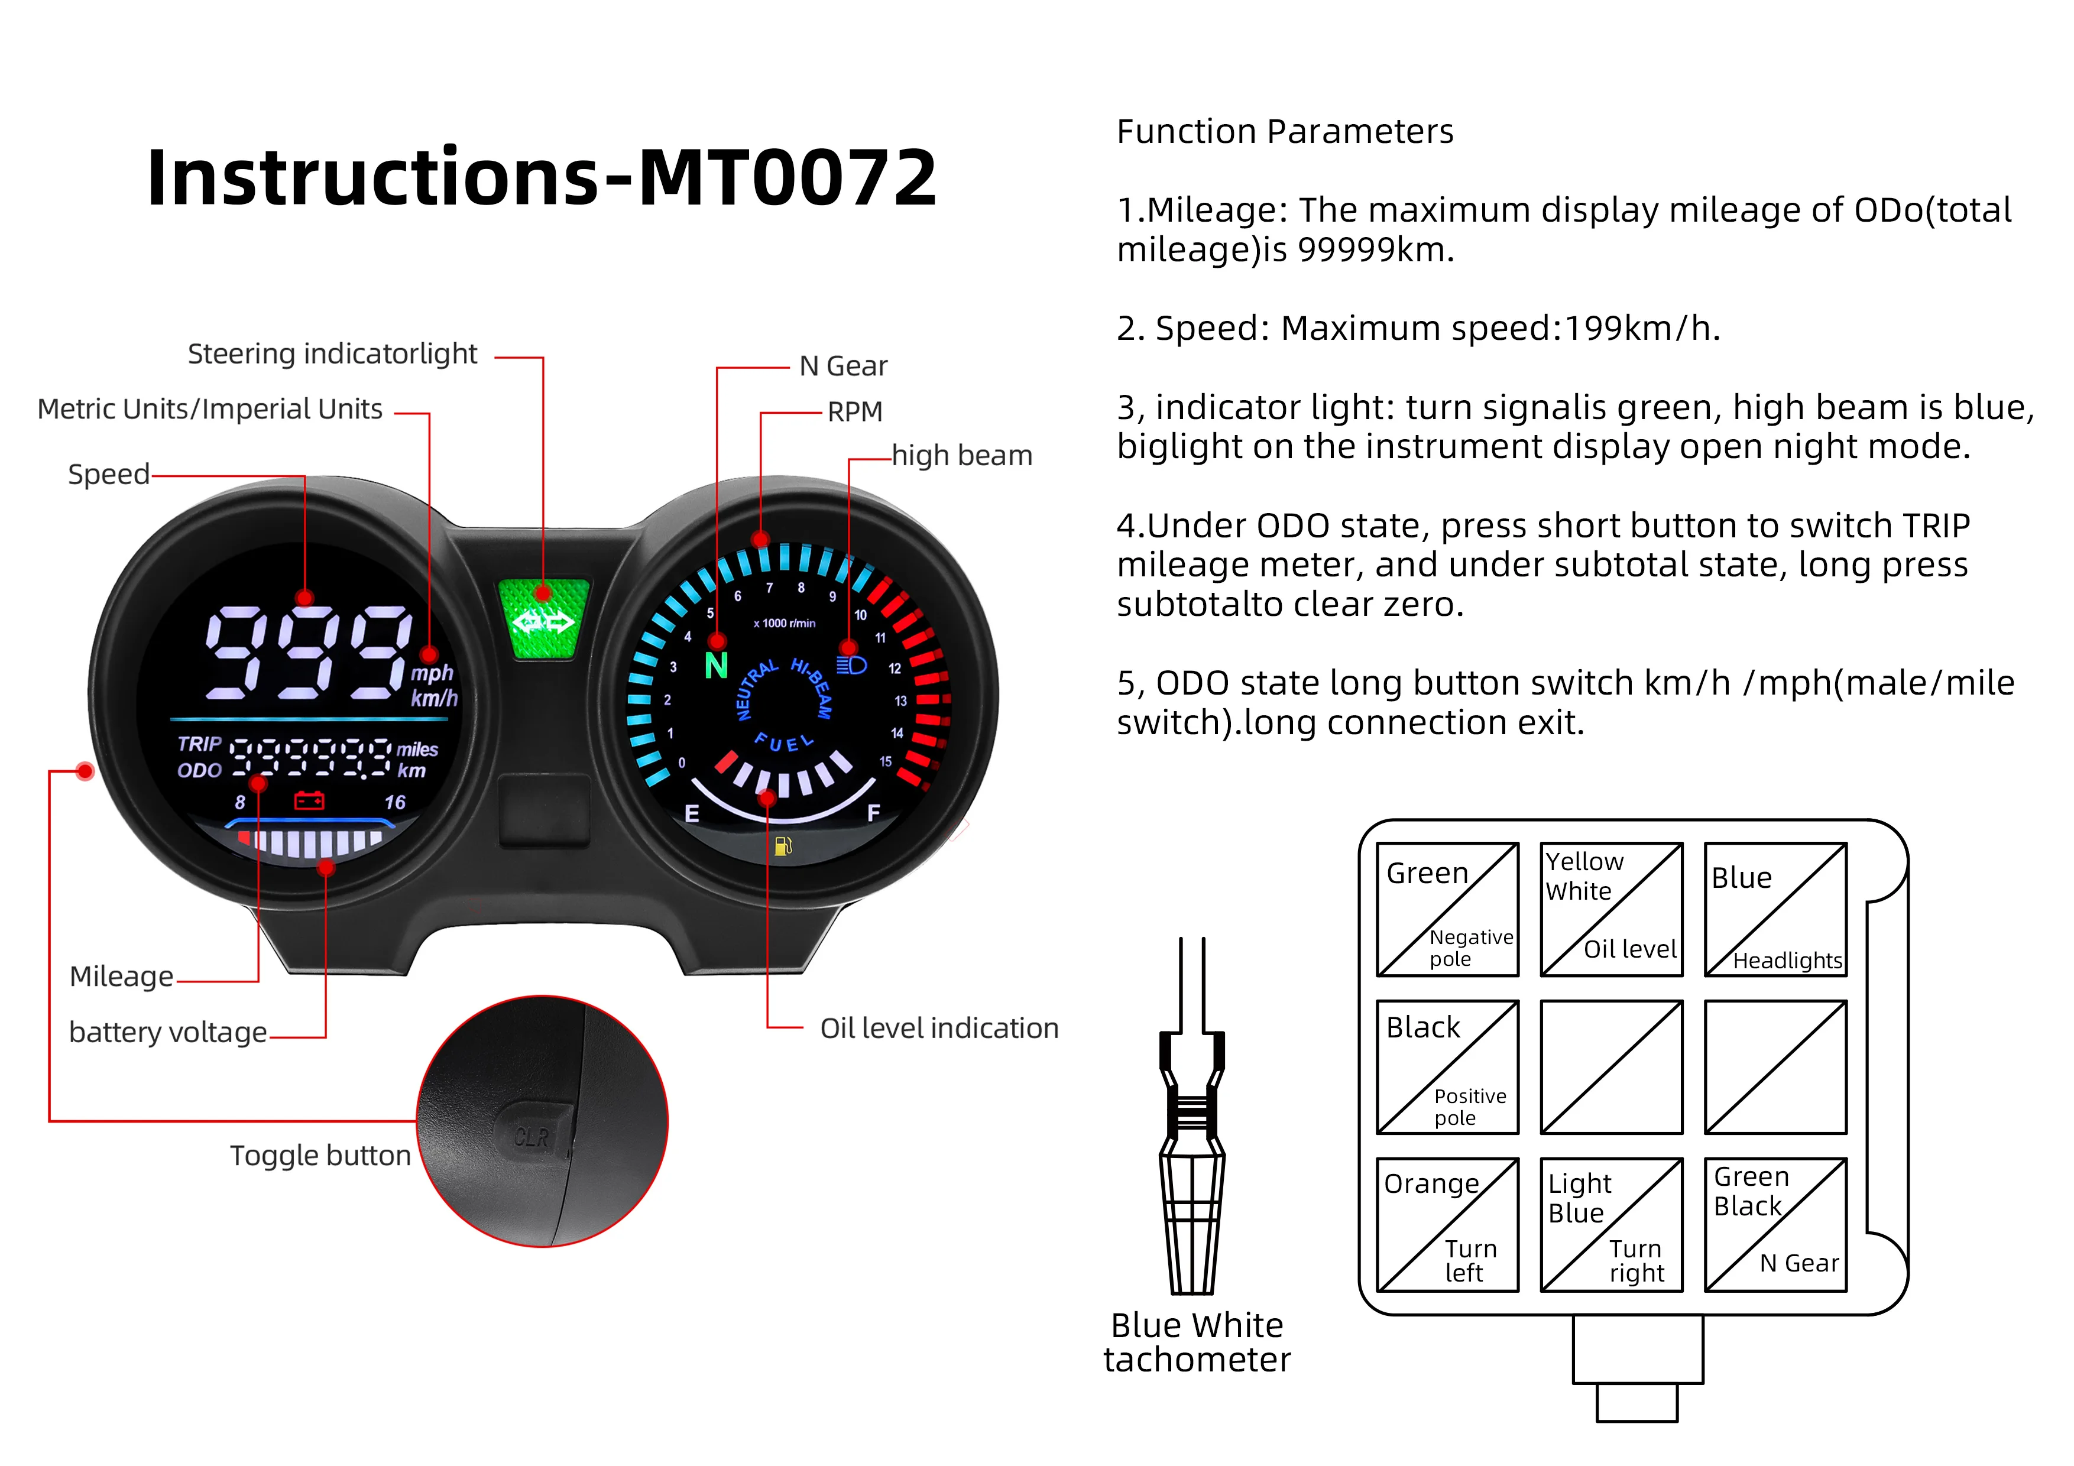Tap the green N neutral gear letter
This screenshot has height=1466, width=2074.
[717, 667]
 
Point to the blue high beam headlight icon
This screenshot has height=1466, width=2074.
[851, 666]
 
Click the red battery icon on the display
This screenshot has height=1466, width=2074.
[309, 800]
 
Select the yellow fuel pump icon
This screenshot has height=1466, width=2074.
[783, 846]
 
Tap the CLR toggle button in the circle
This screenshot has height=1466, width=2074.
[533, 1134]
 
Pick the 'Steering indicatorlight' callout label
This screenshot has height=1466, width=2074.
[332, 354]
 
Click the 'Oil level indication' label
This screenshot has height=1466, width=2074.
[938, 1028]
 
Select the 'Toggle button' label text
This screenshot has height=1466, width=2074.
[320, 1155]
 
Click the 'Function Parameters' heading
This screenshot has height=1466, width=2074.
[1285, 132]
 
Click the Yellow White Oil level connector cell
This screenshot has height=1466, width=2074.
[1612, 910]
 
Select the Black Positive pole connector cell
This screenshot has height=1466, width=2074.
[1447, 1067]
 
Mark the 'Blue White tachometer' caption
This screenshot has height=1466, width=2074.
[1197, 1342]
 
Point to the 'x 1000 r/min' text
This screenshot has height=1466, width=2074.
[784, 623]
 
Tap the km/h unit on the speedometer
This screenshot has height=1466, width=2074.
[435, 698]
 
